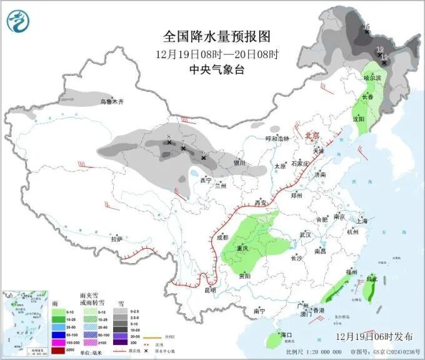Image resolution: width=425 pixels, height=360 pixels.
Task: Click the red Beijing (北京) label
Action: click(x=312, y=135)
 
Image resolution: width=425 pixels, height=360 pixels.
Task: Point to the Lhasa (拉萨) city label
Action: click(x=116, y=239)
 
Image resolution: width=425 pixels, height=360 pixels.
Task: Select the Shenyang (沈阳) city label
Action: click(x=358, y=118)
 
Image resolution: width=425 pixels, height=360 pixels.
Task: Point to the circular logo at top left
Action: click(x=19, y=22)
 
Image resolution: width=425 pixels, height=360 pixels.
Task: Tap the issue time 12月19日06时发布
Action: click(x=373, y=336)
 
